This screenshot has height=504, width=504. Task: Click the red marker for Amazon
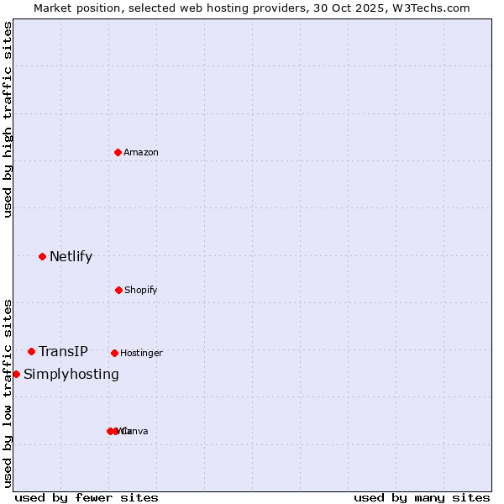point(118,152)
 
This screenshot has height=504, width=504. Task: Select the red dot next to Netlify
point(42,256)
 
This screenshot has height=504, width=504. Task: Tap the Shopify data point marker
point(118,290)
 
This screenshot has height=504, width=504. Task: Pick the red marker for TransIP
point(31,351)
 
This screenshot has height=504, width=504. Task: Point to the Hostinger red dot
point(114,353)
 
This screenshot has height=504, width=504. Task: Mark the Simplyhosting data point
point(16,374)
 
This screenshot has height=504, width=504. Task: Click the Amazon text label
point(140,152)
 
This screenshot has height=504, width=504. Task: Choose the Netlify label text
point(71,256)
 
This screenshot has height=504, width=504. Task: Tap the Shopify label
point(140,290)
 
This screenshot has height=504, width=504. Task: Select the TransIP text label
point(63,351)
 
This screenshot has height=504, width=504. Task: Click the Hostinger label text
point(141,353)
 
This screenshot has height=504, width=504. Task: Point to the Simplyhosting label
point(71,374)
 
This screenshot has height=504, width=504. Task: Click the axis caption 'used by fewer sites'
point(87,497)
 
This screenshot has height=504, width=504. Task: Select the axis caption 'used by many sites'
point(422,497)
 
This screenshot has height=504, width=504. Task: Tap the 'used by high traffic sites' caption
point(8,120)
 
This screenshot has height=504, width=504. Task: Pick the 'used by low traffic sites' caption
point(8,392)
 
